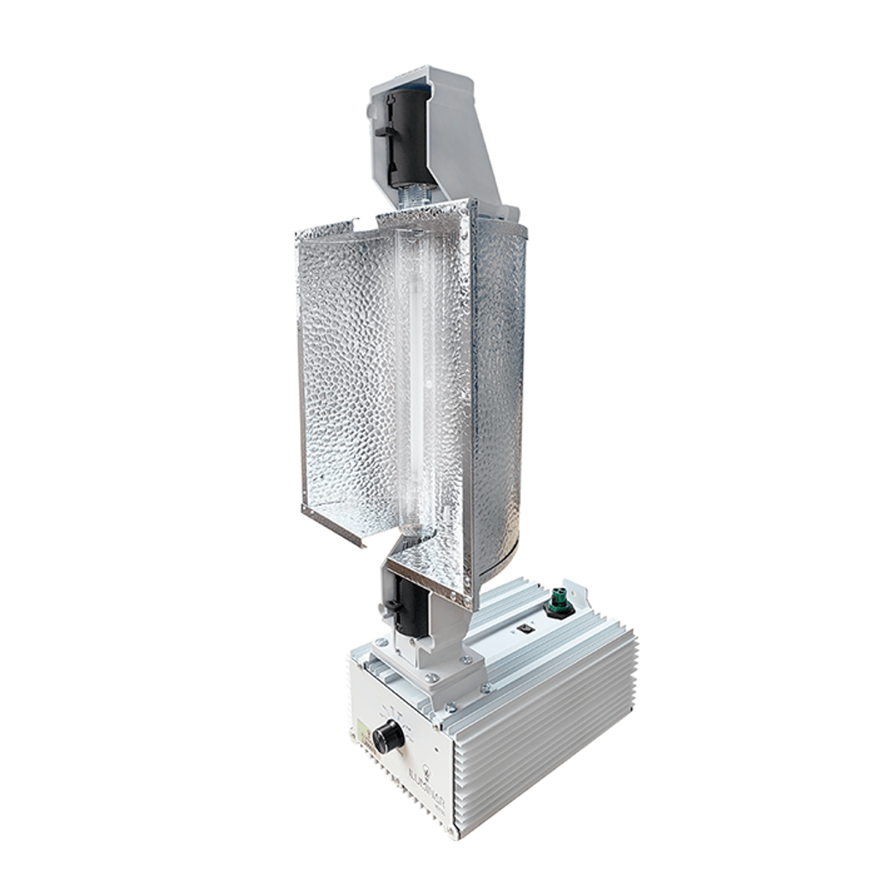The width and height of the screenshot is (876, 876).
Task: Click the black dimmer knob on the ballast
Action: pos(387,736)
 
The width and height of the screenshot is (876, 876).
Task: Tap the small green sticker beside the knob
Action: pos(359,733)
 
